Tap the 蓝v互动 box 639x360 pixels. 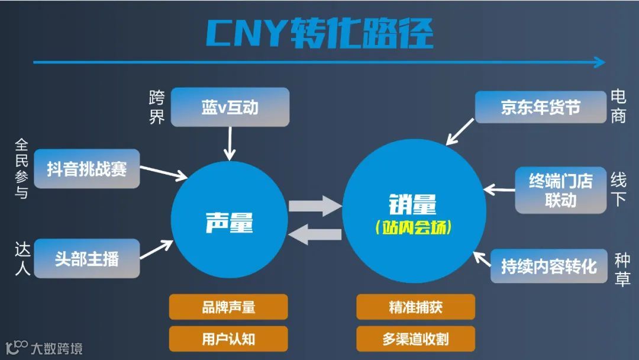tap(230, 107)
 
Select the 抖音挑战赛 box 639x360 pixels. tap(86, 169)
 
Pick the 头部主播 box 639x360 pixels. tap(86, 258)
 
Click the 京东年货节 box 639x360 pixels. tap(540, 107)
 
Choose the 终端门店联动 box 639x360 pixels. tap(560, 190)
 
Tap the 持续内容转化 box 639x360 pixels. tap(548, 266)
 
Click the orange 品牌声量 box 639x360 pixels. tap(228, 307)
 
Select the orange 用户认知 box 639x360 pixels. tap(228, 339)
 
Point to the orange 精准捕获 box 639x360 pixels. tap(415, 307)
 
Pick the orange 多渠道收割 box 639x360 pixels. tap(415, 339)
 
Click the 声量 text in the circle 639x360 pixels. tap(229, 223)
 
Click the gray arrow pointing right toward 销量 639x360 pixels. tap(315, 207)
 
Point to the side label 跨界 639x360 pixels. tap(156, 107)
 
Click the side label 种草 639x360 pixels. tap(622, 269)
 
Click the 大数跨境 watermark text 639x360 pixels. tap(56, 348)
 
